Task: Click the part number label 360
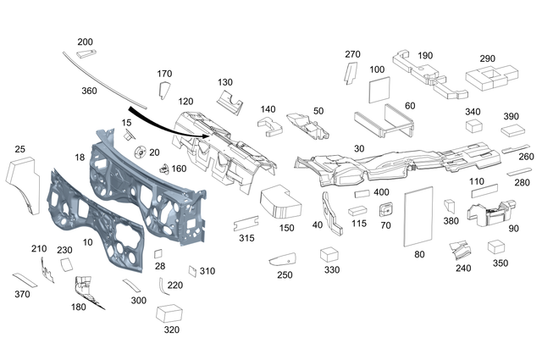pos(89,90)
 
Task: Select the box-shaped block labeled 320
pos(172,313)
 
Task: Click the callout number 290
pos(487,58)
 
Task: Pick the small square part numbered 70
pos(388,209)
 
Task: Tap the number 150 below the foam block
pos(286,229)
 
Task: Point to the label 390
pos(512,116)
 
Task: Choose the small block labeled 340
pos(473,126)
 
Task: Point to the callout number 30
pos(359,148)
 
